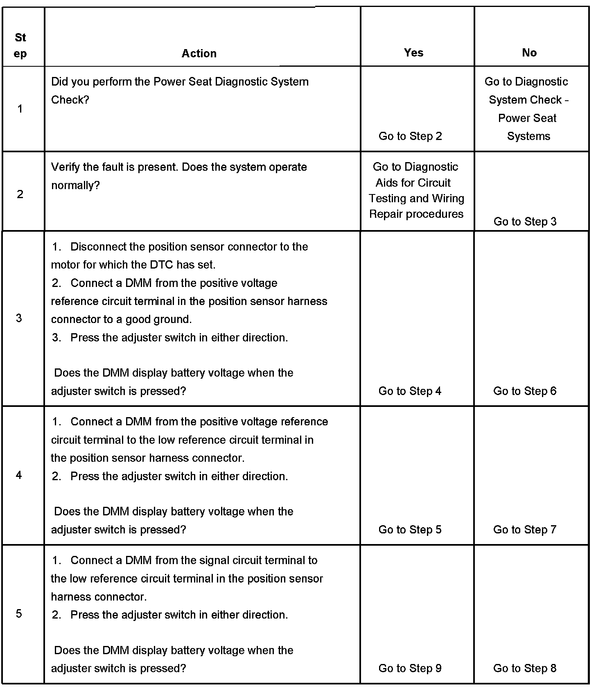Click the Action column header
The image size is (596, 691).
click(x=199, y=53)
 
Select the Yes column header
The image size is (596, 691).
click(x=413, y=52)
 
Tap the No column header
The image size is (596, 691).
click(x=529, y=52)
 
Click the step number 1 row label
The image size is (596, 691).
click(x=20, y=109)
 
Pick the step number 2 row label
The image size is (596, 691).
click(x=20, y=194)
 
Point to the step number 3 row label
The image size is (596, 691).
click(x=19, y=318)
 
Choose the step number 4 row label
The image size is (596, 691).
click(x=19, y=475)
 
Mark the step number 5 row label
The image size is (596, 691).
click(x=19, y=613)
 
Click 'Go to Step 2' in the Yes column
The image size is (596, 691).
click(x=410, y=136)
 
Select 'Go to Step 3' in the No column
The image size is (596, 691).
click(x=525, y=221)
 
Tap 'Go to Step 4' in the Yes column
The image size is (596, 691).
click(x=410, y=391)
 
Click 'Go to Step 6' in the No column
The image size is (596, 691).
click(x=525, y=391)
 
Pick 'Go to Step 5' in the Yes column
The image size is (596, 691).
click(x=410, y=529)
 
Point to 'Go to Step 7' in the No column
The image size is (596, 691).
click(x=525, y=529)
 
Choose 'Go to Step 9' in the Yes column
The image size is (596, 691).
click(x=410, y=668)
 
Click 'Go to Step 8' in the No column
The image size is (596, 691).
click(x=525, y=668)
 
